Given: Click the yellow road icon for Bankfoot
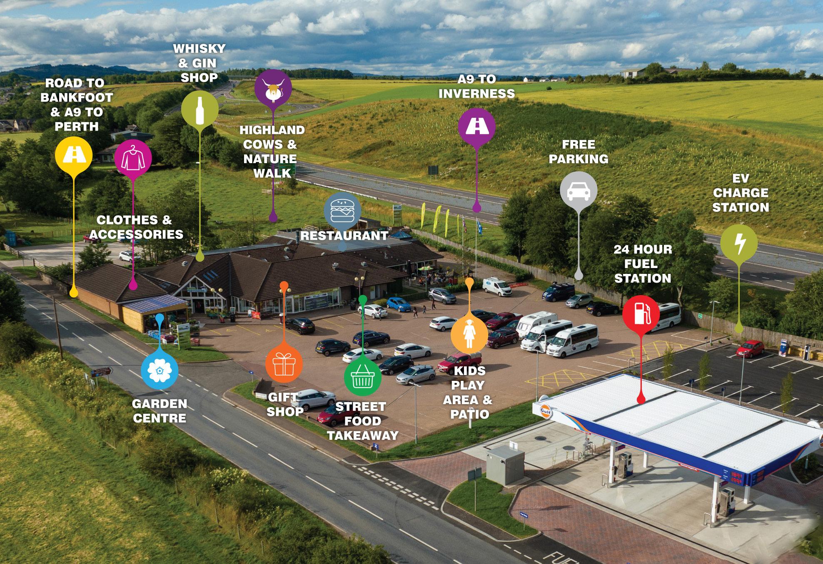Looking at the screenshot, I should coord(74,156).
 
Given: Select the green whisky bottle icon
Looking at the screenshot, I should coord(200,109).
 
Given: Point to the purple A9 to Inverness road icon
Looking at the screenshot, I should coord(476,127).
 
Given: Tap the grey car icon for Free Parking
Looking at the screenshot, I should coord(579,191).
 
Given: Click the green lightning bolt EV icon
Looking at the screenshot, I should coord(739,243).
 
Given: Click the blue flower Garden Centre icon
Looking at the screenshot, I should coord(160,370).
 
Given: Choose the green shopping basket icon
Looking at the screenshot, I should coord(362,376).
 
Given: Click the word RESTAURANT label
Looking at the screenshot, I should coord(344,236).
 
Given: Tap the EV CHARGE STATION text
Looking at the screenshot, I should coord(741,193).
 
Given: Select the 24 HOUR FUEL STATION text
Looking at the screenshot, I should coord(643,263).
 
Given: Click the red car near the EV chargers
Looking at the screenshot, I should coord(750,348).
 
